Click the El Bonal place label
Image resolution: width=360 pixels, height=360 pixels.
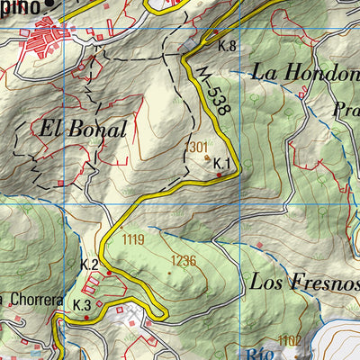tap(82, 129)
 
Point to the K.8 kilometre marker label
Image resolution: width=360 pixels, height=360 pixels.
tap(226, 46)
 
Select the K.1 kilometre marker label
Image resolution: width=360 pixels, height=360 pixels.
tap(222, 163)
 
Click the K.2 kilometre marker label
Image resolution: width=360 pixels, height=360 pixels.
tap(89, 264)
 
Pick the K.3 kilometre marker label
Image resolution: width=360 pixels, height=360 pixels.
tap(82, 305)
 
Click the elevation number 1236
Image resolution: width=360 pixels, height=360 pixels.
tap(183, 260)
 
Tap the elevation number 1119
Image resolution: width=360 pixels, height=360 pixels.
tap(133, 239)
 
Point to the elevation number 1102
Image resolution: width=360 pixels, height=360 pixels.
tap(290, 339)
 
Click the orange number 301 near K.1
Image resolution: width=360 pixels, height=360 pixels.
tap(199, 147)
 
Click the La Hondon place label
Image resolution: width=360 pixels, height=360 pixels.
tap(305, 73)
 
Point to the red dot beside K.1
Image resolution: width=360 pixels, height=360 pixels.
tap(219, 175)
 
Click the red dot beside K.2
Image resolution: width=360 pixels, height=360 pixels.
tap(110, 272)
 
